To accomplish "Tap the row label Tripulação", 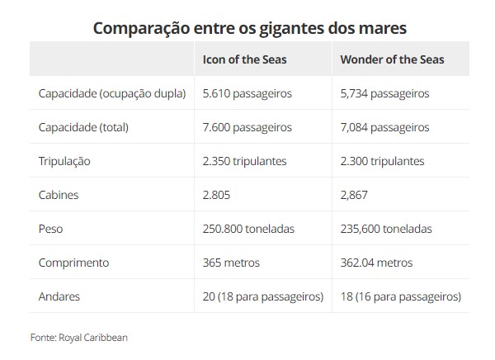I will coord(64,161).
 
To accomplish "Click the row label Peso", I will coord(50,229).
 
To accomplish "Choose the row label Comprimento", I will coord(74,263).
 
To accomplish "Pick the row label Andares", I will coord(59,296).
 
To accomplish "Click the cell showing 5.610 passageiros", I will coord(247,93).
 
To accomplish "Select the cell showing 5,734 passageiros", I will coord(384,93).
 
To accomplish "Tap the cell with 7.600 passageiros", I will coord(247,127).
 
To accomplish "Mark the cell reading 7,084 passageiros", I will coord(384,127).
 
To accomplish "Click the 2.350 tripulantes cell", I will coord(244,161).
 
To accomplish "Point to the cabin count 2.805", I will coord(216,195).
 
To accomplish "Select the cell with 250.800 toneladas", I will coord(248,229).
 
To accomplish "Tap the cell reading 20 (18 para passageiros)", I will coord(263,296).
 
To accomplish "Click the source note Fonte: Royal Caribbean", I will coord(78,337).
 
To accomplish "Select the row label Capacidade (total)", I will coord(83,127).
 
